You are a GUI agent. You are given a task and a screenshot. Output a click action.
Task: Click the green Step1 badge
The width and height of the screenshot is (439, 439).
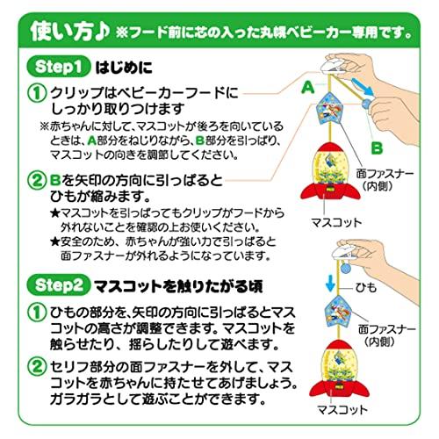pyautogui.click(x=58, y=67)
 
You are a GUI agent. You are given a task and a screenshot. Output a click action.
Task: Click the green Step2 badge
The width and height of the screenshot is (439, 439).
pyautogui.click(x=58, y=284)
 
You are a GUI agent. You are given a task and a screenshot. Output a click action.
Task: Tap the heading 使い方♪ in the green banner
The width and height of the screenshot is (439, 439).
pyautogui.click(x=69, y=32)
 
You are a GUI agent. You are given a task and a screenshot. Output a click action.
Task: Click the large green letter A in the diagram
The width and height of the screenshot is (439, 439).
pyautogui.click(x=308, y=87)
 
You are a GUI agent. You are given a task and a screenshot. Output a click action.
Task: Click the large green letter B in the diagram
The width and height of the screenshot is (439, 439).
pyautogui.click(x=377, y=148)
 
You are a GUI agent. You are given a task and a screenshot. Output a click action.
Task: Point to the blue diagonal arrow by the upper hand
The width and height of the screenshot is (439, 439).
pyautogui.click(x=363, y=87)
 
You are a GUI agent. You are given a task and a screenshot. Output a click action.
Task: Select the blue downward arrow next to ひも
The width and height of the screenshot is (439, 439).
pyautogui.click(x=330, y=283)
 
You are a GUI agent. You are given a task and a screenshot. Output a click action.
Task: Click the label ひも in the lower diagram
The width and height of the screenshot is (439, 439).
pyautogui.click(x=366, y=288)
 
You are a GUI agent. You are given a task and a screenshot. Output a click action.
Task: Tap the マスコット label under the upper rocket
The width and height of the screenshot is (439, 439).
pyautogui.click(x=336, y=223)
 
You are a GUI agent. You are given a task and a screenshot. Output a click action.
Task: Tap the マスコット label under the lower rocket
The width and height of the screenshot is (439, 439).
pyautogui.click(x=342, y=410)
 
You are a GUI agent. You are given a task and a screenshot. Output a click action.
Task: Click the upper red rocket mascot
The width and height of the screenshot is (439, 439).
pyautogui.click(x=330, y=172)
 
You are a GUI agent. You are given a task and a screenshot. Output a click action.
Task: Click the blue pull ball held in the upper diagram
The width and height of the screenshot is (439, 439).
pyautogui.click(x=367, y=104)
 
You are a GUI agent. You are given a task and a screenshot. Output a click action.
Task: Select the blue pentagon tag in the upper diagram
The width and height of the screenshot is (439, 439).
pyautogui.click(x=329, y=108)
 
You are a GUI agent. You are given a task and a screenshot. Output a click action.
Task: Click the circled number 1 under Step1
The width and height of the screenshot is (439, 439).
pyautogui.click(x=37, y=93)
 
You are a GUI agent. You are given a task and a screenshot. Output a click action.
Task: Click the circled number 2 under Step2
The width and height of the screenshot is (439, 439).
pyautogui.click(x=37, y=367)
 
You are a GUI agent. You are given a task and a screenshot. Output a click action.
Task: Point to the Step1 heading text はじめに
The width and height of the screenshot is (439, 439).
pyautogui.click(x=124, y=68)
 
